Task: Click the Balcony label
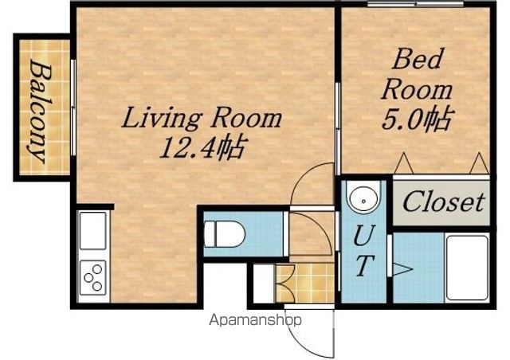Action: coord(41,112)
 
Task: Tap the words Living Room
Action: coord(202,118)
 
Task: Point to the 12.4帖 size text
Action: coord(202,148)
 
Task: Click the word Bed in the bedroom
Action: coord(418,59)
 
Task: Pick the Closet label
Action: coord(444,202)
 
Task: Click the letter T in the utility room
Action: coord(363,265)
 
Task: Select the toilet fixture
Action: coord(224,234)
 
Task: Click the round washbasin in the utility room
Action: coord(363,196)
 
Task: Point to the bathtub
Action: coord(467,268)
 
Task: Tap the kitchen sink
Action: coord(92,230)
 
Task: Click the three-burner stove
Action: coord(92,277)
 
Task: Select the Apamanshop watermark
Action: coord(255,320)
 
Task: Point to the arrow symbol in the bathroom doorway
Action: coord(402,269)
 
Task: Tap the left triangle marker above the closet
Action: coord(404,163)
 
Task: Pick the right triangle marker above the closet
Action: coord(480,163)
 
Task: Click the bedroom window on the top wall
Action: coord(415,4)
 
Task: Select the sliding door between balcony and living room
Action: coord(73,108)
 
